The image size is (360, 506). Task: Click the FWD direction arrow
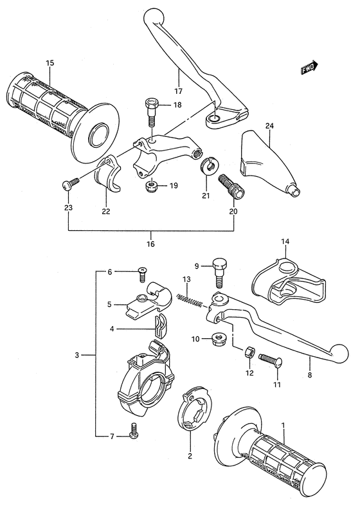click(x=310, y=68)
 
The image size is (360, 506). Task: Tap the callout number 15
click(x=50, y=63)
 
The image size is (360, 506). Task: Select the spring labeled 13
click(x=190, y=300)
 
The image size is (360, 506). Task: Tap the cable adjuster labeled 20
click(x=230, y=186)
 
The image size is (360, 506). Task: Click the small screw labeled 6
click(x=142, y=274)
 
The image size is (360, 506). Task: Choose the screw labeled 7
click(x=134, y=430)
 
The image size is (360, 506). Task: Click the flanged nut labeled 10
click(x=219, y=339)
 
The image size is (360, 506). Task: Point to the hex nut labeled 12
click(x=249, y=352)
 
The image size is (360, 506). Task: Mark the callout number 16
click(x=150, y=244)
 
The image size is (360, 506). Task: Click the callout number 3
click(x=76, y=356)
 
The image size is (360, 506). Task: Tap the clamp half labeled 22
click(x=107, y=173)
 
